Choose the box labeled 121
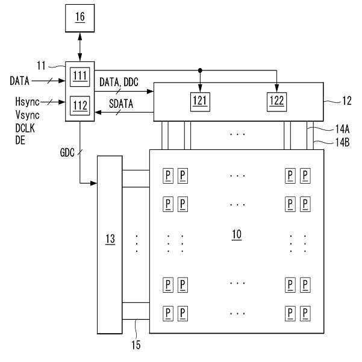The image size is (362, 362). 200,100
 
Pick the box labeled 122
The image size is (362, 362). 276,100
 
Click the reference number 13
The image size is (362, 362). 110,240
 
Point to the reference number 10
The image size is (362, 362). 237,234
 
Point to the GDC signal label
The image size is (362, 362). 67,153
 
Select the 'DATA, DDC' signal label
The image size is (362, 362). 118,80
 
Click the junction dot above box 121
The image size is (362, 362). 200,68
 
